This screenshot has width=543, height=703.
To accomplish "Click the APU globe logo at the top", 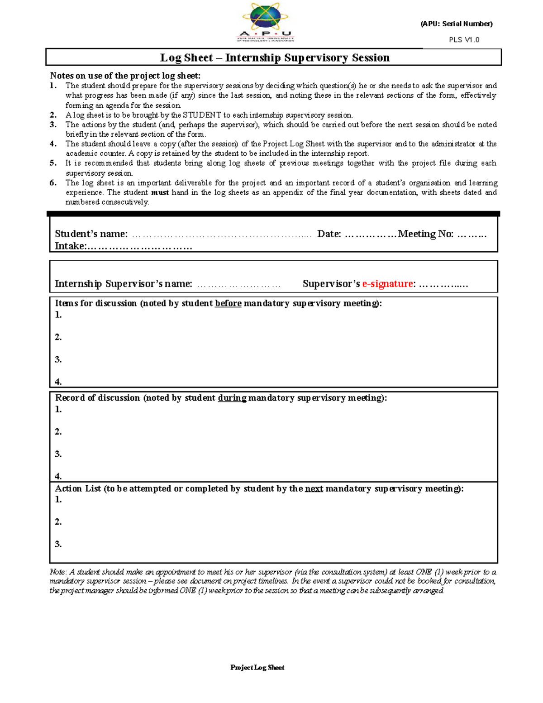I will point(266,22).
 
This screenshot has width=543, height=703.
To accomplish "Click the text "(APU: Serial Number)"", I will point(456,24).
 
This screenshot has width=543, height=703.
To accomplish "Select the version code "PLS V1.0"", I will point(464,40).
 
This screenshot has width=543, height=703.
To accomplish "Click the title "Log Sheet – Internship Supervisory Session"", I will point(275,57).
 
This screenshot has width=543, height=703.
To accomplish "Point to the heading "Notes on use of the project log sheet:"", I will point(125,76).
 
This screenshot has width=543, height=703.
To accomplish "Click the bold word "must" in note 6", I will point(160,192).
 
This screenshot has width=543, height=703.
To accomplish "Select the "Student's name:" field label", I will point(91,234).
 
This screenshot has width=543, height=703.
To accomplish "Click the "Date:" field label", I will point(329,234).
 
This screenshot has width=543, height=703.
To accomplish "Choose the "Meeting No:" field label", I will point(425,234).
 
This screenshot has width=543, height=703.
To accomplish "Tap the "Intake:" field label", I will point(70,246).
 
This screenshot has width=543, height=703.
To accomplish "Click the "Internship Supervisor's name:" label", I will point(123,284).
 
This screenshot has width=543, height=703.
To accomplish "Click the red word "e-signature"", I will point(388,284).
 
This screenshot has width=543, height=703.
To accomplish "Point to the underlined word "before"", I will point(228,303).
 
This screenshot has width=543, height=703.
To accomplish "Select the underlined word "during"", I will point(232,398).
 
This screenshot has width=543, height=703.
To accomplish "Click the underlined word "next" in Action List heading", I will point(314,488).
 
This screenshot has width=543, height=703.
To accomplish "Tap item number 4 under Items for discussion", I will point(58,382).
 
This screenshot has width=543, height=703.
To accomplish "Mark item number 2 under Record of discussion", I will point(58,431).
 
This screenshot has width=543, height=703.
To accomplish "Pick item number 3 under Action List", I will point(58,544).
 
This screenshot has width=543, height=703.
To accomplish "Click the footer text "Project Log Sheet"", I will point(257,667).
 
